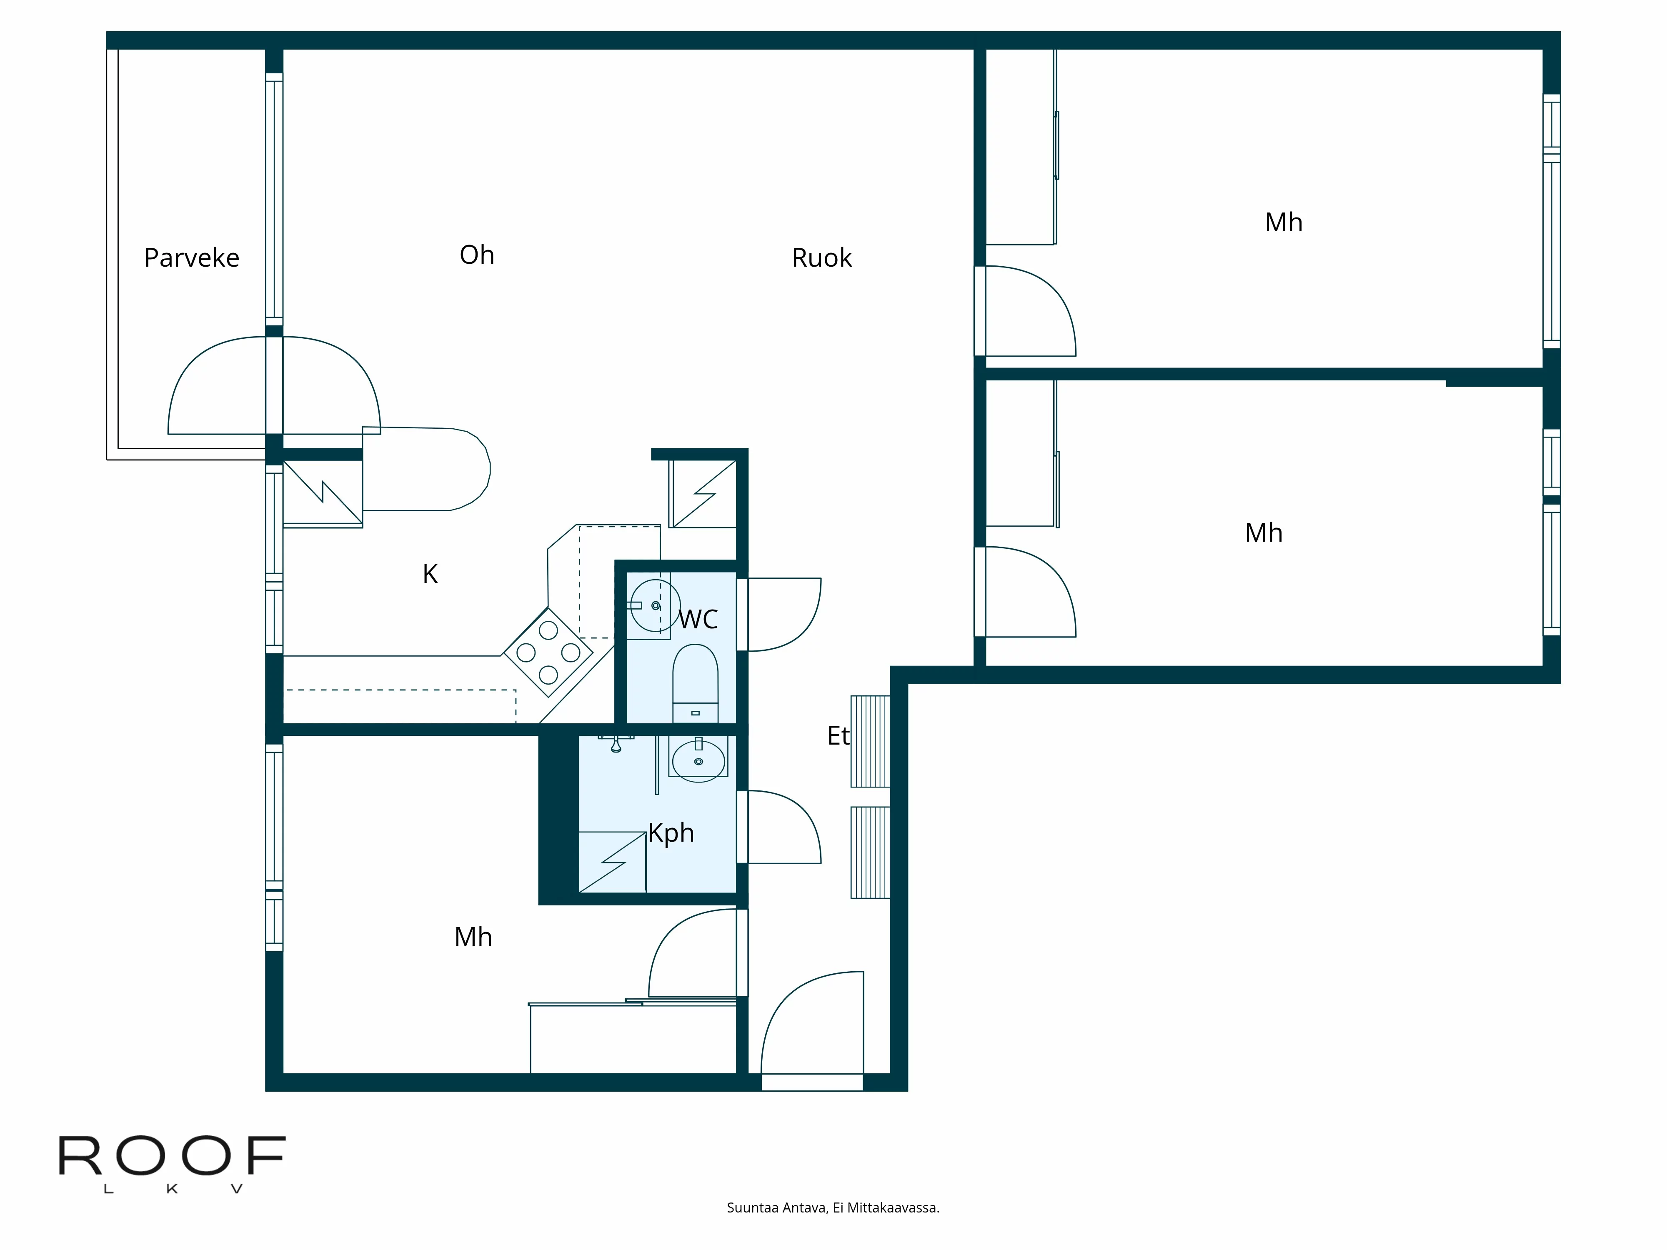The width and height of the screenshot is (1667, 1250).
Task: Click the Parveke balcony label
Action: tap(191, 257)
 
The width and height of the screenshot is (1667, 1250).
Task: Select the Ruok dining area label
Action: tap(821, 257)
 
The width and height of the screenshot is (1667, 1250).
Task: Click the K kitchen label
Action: tap(430, 574)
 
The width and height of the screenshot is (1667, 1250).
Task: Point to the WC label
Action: tap(698, 619)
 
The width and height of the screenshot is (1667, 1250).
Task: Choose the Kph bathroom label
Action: tap(671, 832)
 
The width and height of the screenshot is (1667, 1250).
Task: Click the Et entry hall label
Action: tap(838, 735)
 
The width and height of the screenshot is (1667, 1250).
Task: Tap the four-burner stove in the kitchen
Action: tap(548, 652)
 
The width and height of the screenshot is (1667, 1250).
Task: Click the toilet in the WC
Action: tap(695, 682)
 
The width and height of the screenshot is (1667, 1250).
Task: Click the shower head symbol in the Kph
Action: tap(616, 745)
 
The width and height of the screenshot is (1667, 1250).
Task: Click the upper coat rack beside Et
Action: tap(871, 741)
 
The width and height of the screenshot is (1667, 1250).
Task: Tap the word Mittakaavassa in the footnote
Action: tap(893, 1208)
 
